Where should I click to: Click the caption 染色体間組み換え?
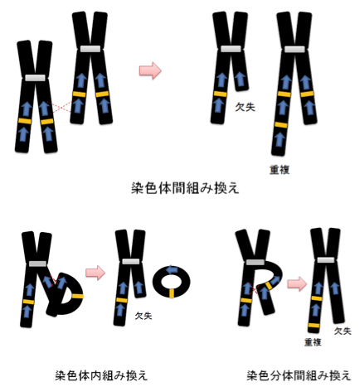(185, 188)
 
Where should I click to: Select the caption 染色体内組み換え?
(101, 375)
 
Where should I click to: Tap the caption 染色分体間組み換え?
(299, 375)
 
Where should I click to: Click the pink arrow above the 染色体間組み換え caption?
(150, 70)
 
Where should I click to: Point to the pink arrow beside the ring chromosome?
(95, 273)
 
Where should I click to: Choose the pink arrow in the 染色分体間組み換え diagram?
(297, 283)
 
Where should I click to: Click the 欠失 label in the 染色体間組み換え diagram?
(245, 107)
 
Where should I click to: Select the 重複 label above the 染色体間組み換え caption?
(280, 170)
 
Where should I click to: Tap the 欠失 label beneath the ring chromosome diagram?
(144, 316)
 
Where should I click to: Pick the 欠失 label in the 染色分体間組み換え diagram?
(343, 331)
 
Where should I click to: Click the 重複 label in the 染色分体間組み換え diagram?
(313, 342)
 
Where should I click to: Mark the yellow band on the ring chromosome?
(172, 293)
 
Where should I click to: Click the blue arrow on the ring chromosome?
(172, 269)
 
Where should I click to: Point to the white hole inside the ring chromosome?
(172, 282)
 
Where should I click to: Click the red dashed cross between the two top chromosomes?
(61, 107)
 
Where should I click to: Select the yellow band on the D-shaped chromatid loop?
(78, 296)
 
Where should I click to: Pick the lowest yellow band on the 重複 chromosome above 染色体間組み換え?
(281, 125)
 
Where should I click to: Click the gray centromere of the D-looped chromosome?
(37, 264)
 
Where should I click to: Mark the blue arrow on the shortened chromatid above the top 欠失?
(240, 79)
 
